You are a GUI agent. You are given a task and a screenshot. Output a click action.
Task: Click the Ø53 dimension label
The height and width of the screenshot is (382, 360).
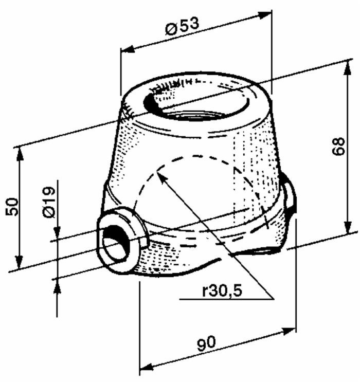[182, 26]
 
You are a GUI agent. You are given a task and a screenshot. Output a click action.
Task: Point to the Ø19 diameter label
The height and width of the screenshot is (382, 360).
[49, 204]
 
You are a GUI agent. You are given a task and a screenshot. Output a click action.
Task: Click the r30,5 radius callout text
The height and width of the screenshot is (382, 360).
[221, 291]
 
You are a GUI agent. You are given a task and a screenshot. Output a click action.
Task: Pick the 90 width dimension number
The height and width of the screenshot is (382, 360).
[208, 343]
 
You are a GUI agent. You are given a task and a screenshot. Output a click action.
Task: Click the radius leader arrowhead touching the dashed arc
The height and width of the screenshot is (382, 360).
[161, 175]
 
